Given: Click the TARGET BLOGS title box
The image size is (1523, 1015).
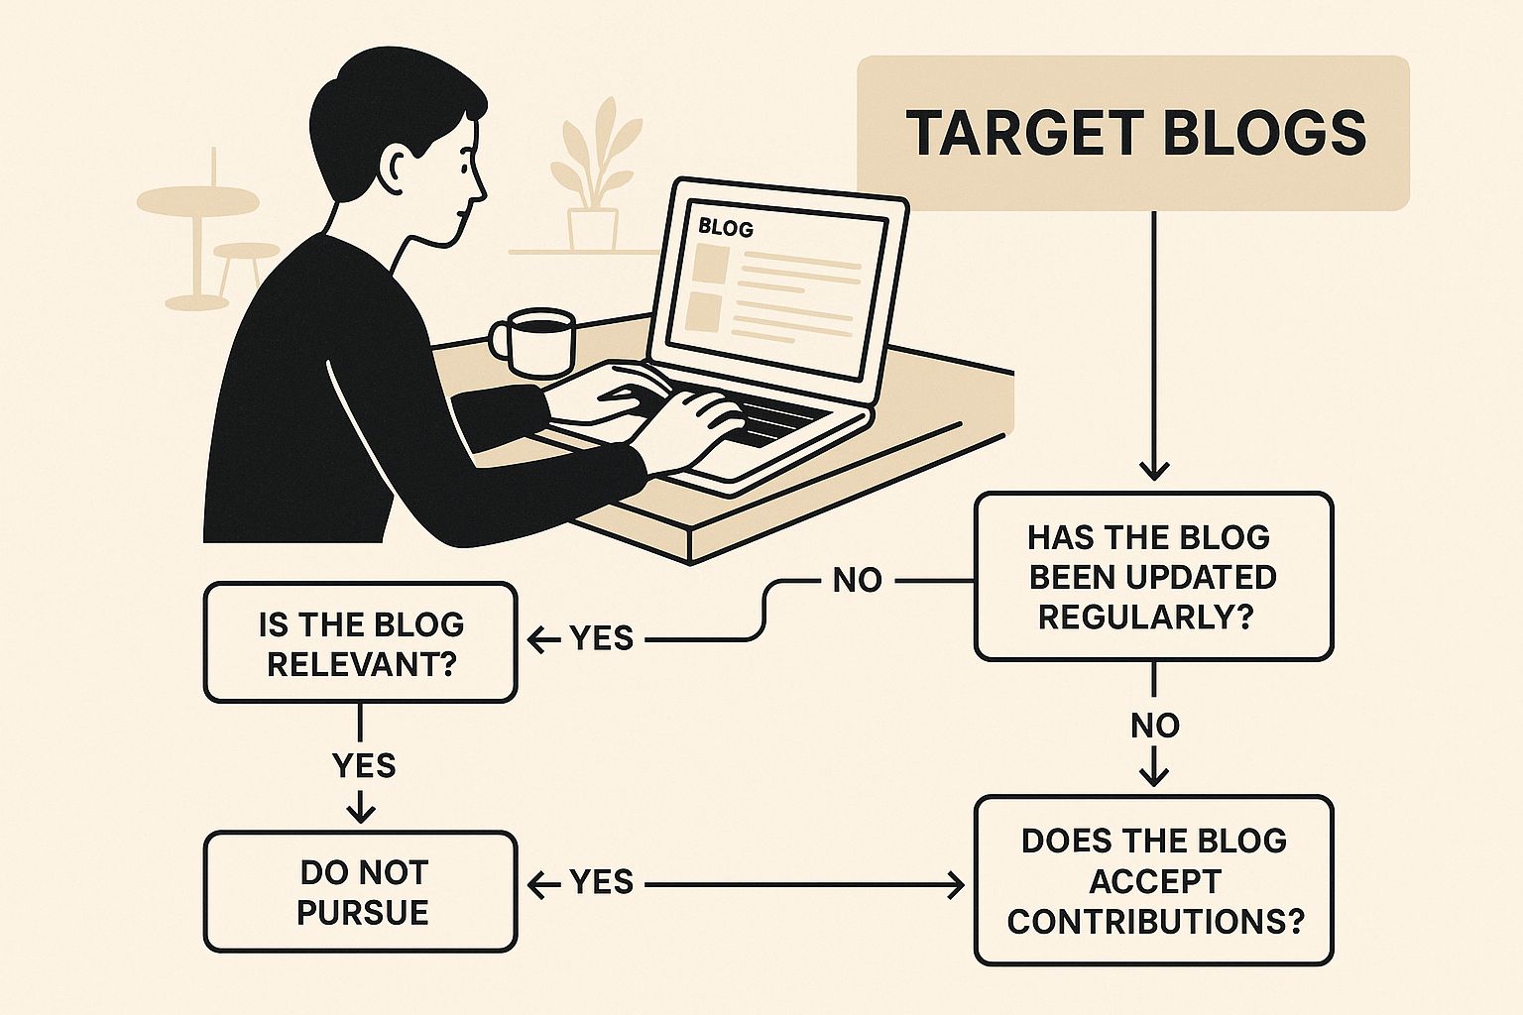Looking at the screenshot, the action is tap(1132, 133).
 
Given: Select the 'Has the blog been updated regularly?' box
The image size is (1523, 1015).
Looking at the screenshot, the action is tap(1154, 577).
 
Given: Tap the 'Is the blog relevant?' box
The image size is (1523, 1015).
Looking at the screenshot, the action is tap(360, 642).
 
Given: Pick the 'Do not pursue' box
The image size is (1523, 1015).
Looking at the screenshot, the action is tap(360, 891).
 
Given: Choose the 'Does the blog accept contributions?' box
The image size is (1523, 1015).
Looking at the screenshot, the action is tap(1154, 880).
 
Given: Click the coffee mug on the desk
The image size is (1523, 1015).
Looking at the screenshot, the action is tap(532, 343).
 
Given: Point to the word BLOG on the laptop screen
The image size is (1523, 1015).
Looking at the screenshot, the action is tap(726, 228).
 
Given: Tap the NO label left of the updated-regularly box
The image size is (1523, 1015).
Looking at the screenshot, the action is tap(857, 581).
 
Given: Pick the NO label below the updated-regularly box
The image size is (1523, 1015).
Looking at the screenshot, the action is tap(1154, 727).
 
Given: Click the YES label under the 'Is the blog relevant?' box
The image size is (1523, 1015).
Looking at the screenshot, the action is tap(364, 766).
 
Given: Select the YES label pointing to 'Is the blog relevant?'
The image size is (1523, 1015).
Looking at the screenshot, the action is tap(602, 639).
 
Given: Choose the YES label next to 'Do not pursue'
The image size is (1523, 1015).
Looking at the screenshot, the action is tap(602, 882).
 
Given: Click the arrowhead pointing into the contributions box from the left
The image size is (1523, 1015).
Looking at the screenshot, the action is tap(956, 885).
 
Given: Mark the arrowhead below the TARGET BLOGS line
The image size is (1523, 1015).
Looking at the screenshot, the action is tap(1154, 471).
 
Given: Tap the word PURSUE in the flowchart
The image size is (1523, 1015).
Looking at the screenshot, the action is tap(362, 913).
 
